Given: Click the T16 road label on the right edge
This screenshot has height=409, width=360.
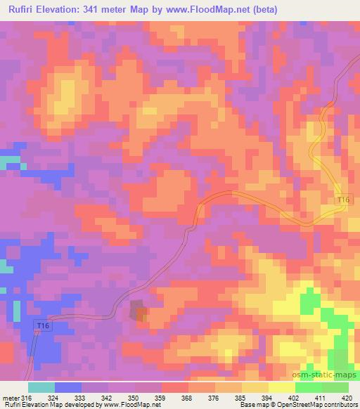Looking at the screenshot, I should point(342,201).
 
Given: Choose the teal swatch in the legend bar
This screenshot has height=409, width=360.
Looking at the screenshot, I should point(41,387).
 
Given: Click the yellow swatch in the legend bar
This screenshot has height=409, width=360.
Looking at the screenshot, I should point(281,387).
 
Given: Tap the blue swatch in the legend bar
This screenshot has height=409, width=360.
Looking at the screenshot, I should point(67,387).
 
